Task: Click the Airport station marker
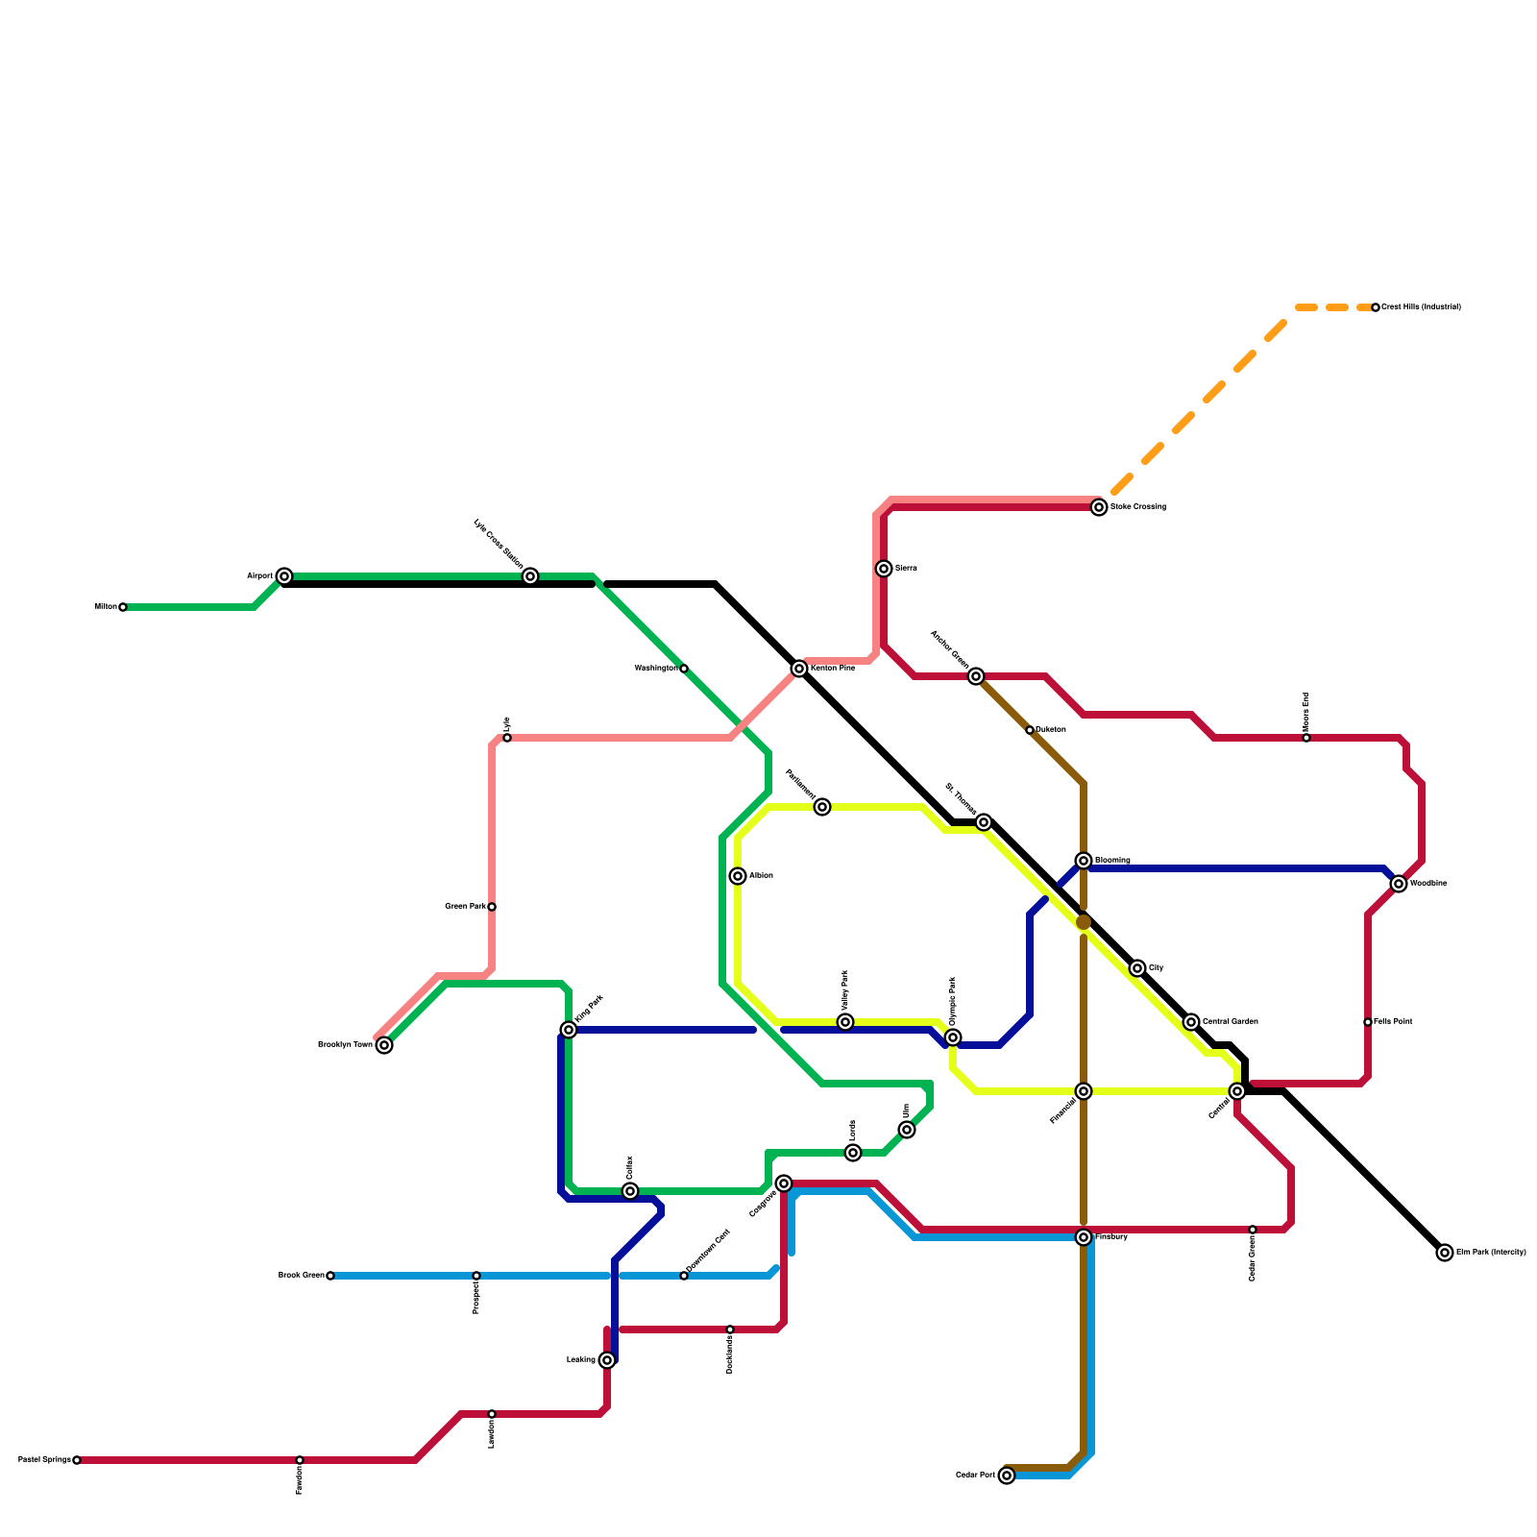coord(284,576)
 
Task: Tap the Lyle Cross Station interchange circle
coord(530,576)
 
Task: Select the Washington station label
coord(656,669)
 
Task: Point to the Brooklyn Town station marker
coord(384,1045)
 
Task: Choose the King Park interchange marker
coord(569,1030)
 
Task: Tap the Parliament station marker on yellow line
coord(822,807)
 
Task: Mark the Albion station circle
coord(738,876)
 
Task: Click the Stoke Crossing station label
coord(1138,507)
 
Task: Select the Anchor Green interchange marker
coord(976,676)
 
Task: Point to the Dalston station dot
coord(1030,730)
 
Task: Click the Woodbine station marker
coord(1399,884)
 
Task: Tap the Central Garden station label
coord(1231,1022)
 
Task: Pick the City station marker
coord(1137,968)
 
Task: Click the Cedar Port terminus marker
coord(1007,1476)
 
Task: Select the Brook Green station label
coord(301,1276)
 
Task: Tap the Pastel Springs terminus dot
coord(77,1460)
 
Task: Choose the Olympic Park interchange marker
coord(953,1037)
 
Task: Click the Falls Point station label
coord(1393,1022)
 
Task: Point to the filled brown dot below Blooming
coord(1084,922)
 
